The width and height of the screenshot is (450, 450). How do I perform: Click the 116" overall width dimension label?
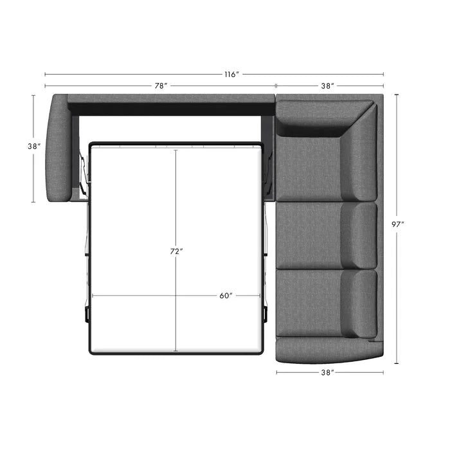point(232,75)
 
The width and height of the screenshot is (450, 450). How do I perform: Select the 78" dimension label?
point(161,85)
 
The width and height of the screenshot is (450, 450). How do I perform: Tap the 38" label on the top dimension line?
point(327,85)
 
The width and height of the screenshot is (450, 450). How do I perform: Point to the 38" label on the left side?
point(34,146)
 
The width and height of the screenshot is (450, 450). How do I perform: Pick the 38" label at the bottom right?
point(327,372)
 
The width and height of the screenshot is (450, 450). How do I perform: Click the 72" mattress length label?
point(177,251)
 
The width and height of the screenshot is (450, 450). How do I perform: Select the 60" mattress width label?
point(226,296)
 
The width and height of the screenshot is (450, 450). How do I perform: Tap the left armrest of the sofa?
point(58,148)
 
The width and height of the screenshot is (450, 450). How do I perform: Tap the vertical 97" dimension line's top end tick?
point(397,94)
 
